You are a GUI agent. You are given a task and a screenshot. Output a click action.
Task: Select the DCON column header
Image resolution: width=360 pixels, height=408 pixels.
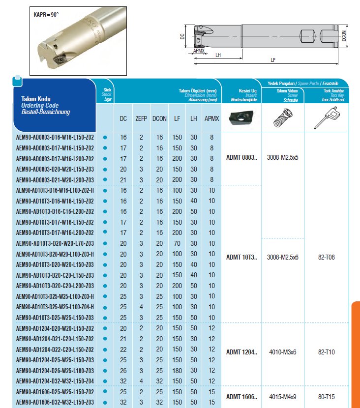coord(159,118)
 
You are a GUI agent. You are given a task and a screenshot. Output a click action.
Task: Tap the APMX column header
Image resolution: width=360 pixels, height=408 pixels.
coord(211,118)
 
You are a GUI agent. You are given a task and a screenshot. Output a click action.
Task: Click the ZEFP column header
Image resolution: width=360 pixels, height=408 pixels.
coord(141,118)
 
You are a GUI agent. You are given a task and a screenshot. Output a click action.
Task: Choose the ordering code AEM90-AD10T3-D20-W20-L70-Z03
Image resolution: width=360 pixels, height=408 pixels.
coord(55,243)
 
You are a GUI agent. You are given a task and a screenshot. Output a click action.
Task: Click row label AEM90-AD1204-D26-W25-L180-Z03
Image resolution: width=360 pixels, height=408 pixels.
coord(55,371)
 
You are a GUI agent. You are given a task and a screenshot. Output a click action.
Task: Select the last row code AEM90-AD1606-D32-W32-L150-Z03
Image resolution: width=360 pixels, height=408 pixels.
coord(55,402)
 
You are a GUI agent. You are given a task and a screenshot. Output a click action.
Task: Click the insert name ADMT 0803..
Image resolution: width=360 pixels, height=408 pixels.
coord(241,157)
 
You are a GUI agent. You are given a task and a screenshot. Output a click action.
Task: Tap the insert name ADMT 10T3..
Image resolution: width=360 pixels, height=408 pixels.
coord(241,257)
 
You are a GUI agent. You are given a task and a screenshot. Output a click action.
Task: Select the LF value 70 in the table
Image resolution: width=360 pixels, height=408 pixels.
coord(176,243)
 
